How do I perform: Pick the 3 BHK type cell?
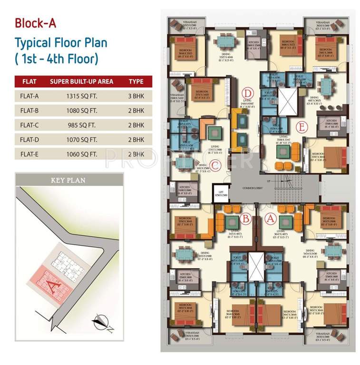point(136,96)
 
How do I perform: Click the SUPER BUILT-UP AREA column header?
point(81,81)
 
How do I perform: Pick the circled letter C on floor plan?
point(214,165)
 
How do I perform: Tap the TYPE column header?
point(136,81)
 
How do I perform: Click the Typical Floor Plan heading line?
point(61,43)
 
